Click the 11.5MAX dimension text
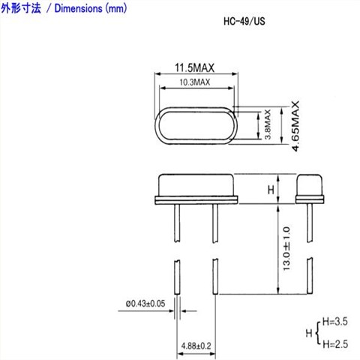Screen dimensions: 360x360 194,68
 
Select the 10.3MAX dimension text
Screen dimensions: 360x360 194,82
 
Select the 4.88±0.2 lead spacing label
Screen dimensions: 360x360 195,346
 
